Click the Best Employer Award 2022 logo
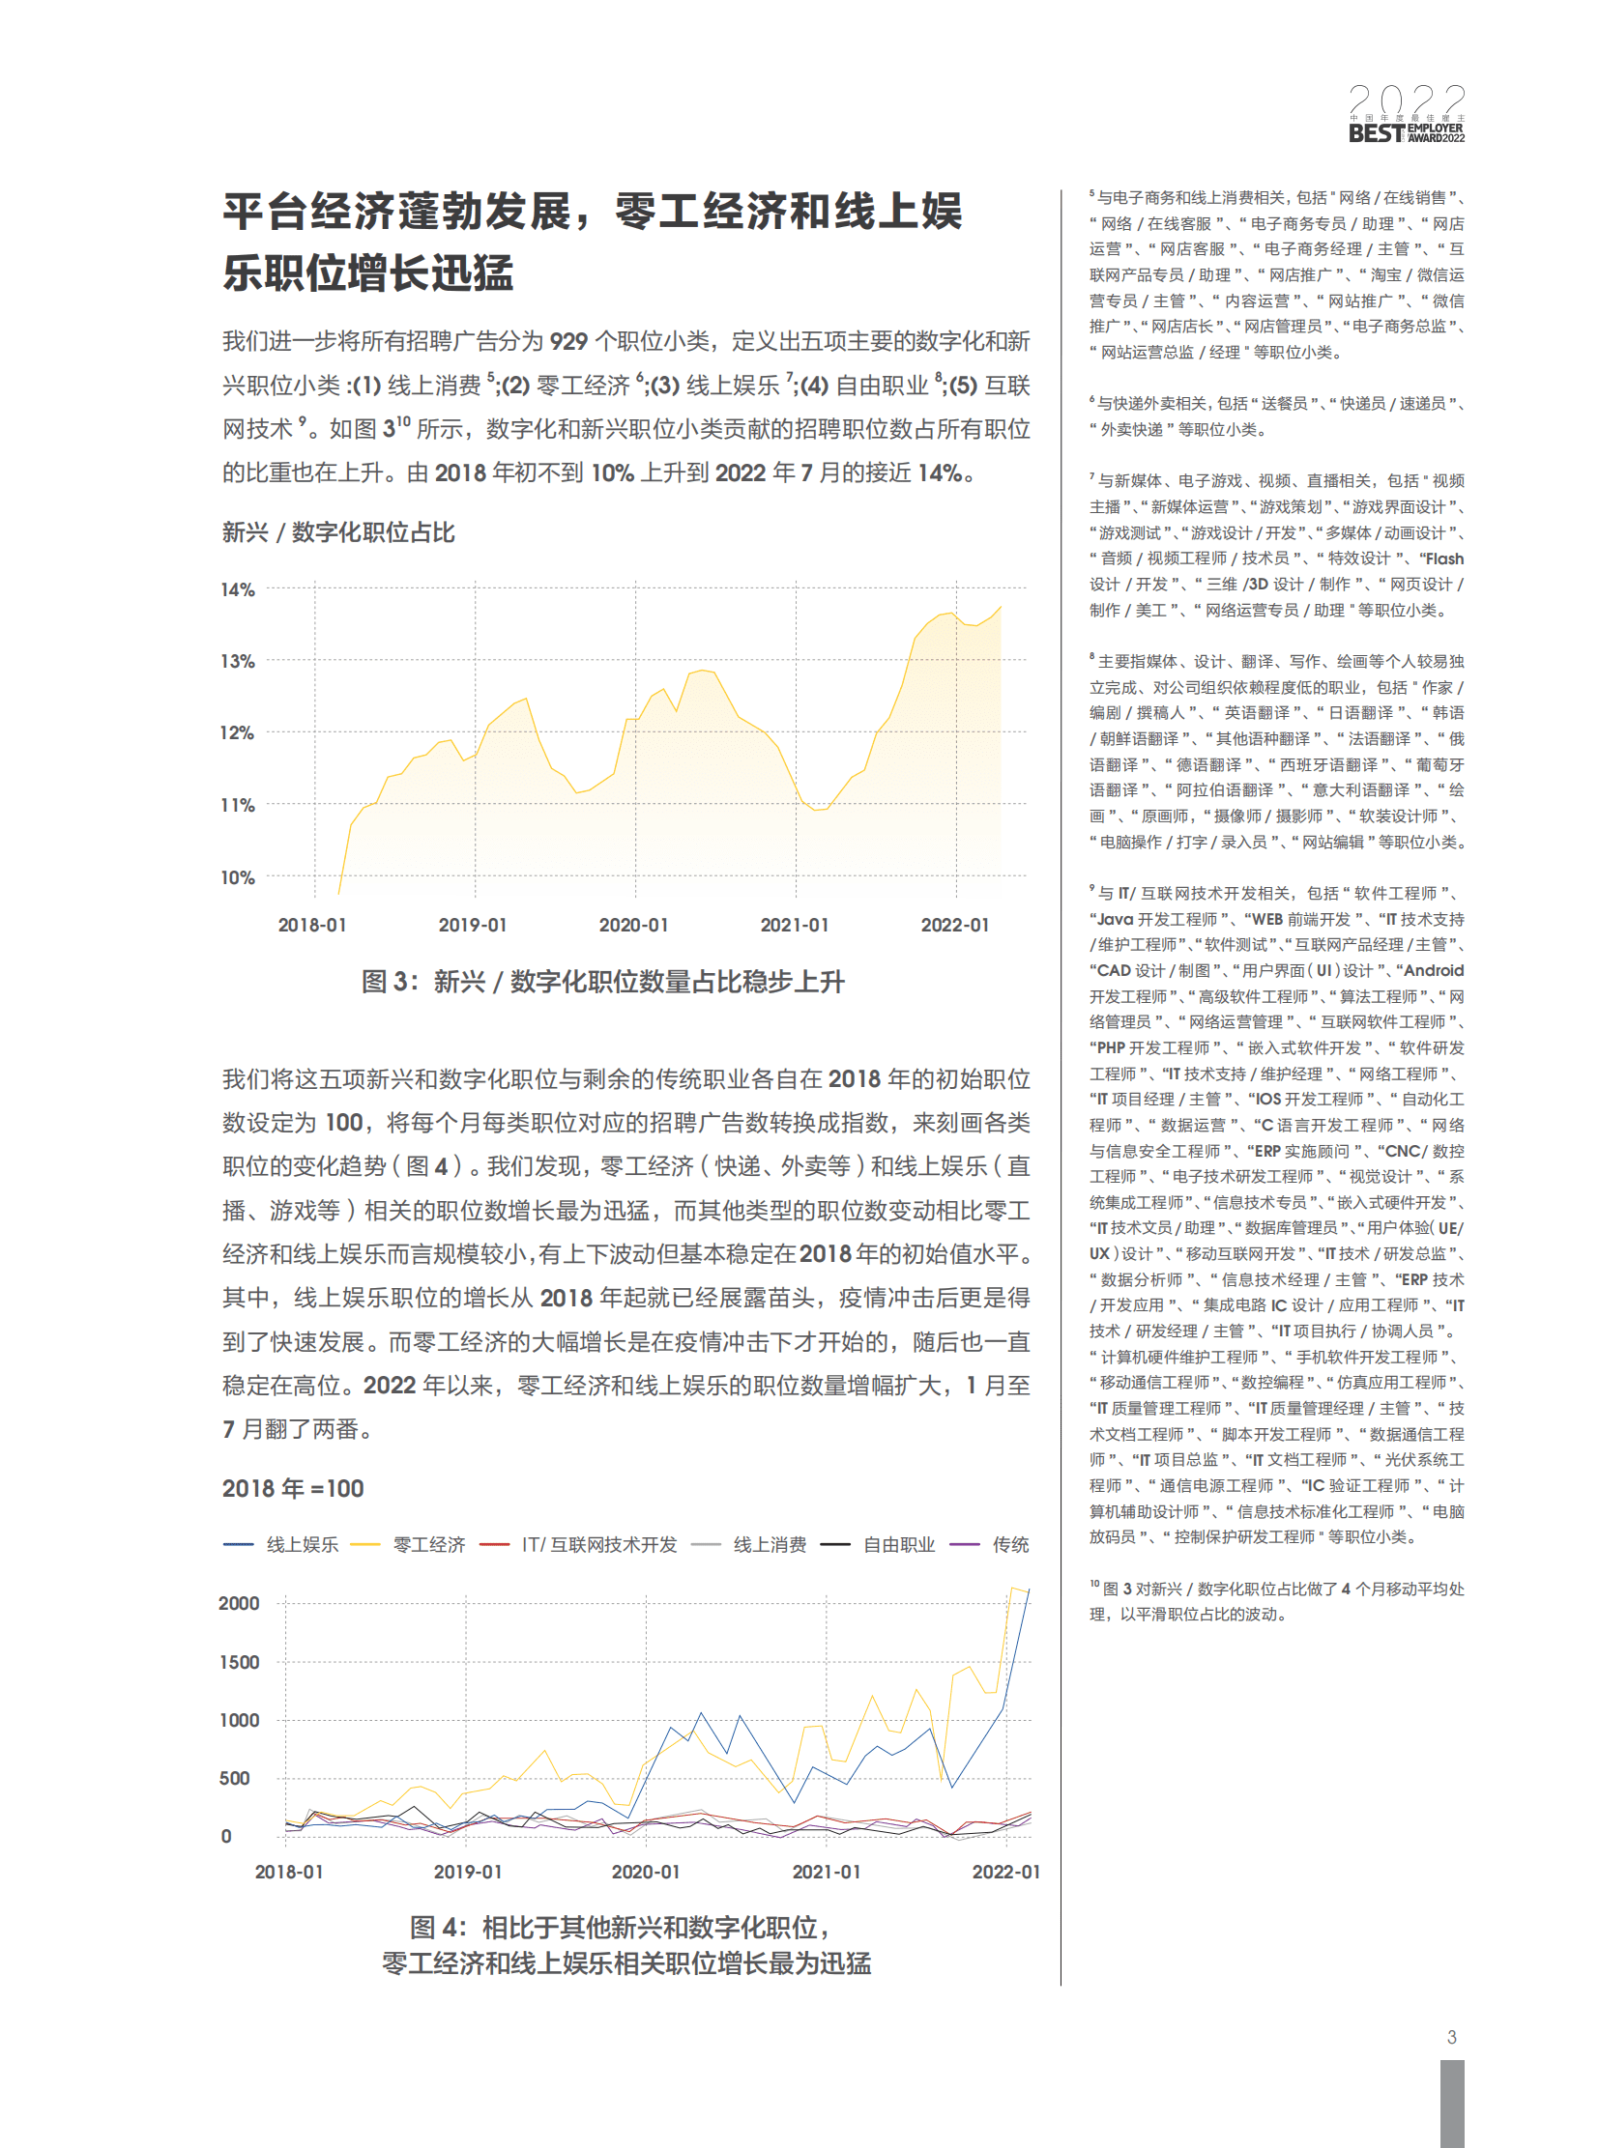pos(1406,114)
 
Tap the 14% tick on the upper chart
pos(237,589)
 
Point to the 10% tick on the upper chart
pos(237,877)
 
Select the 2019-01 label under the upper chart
pos(473,925)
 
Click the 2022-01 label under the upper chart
pos(954,925)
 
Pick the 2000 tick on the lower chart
pos(239,1603)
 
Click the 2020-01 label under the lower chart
pos(646,1873)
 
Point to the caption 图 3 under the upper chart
pos(602,982)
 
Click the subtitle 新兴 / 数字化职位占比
pos(337,532)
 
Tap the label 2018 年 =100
pos(292,1488)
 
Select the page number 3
pos(1451,2037)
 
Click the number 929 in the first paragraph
pos(568,341)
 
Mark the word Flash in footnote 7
pos(1443,558)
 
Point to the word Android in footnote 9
pos(1434,970)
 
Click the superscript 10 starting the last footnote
pos(1094,1584)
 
